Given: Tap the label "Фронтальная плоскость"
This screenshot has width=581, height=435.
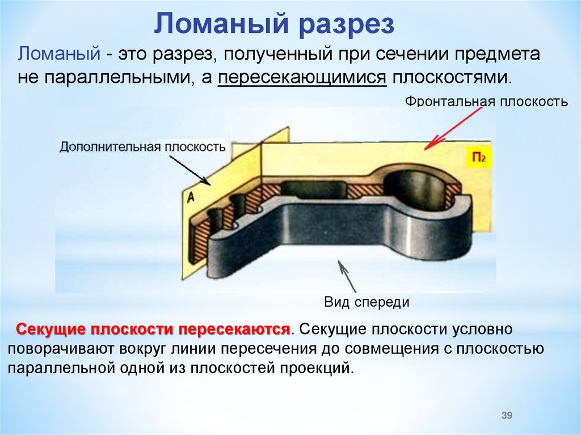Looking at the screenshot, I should pos(486,102).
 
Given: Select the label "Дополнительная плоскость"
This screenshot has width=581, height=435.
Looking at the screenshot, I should pos(142,146).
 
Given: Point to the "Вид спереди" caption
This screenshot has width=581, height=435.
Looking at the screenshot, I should pos(367,302).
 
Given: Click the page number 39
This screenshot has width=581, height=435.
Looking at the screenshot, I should pos(507,416).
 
